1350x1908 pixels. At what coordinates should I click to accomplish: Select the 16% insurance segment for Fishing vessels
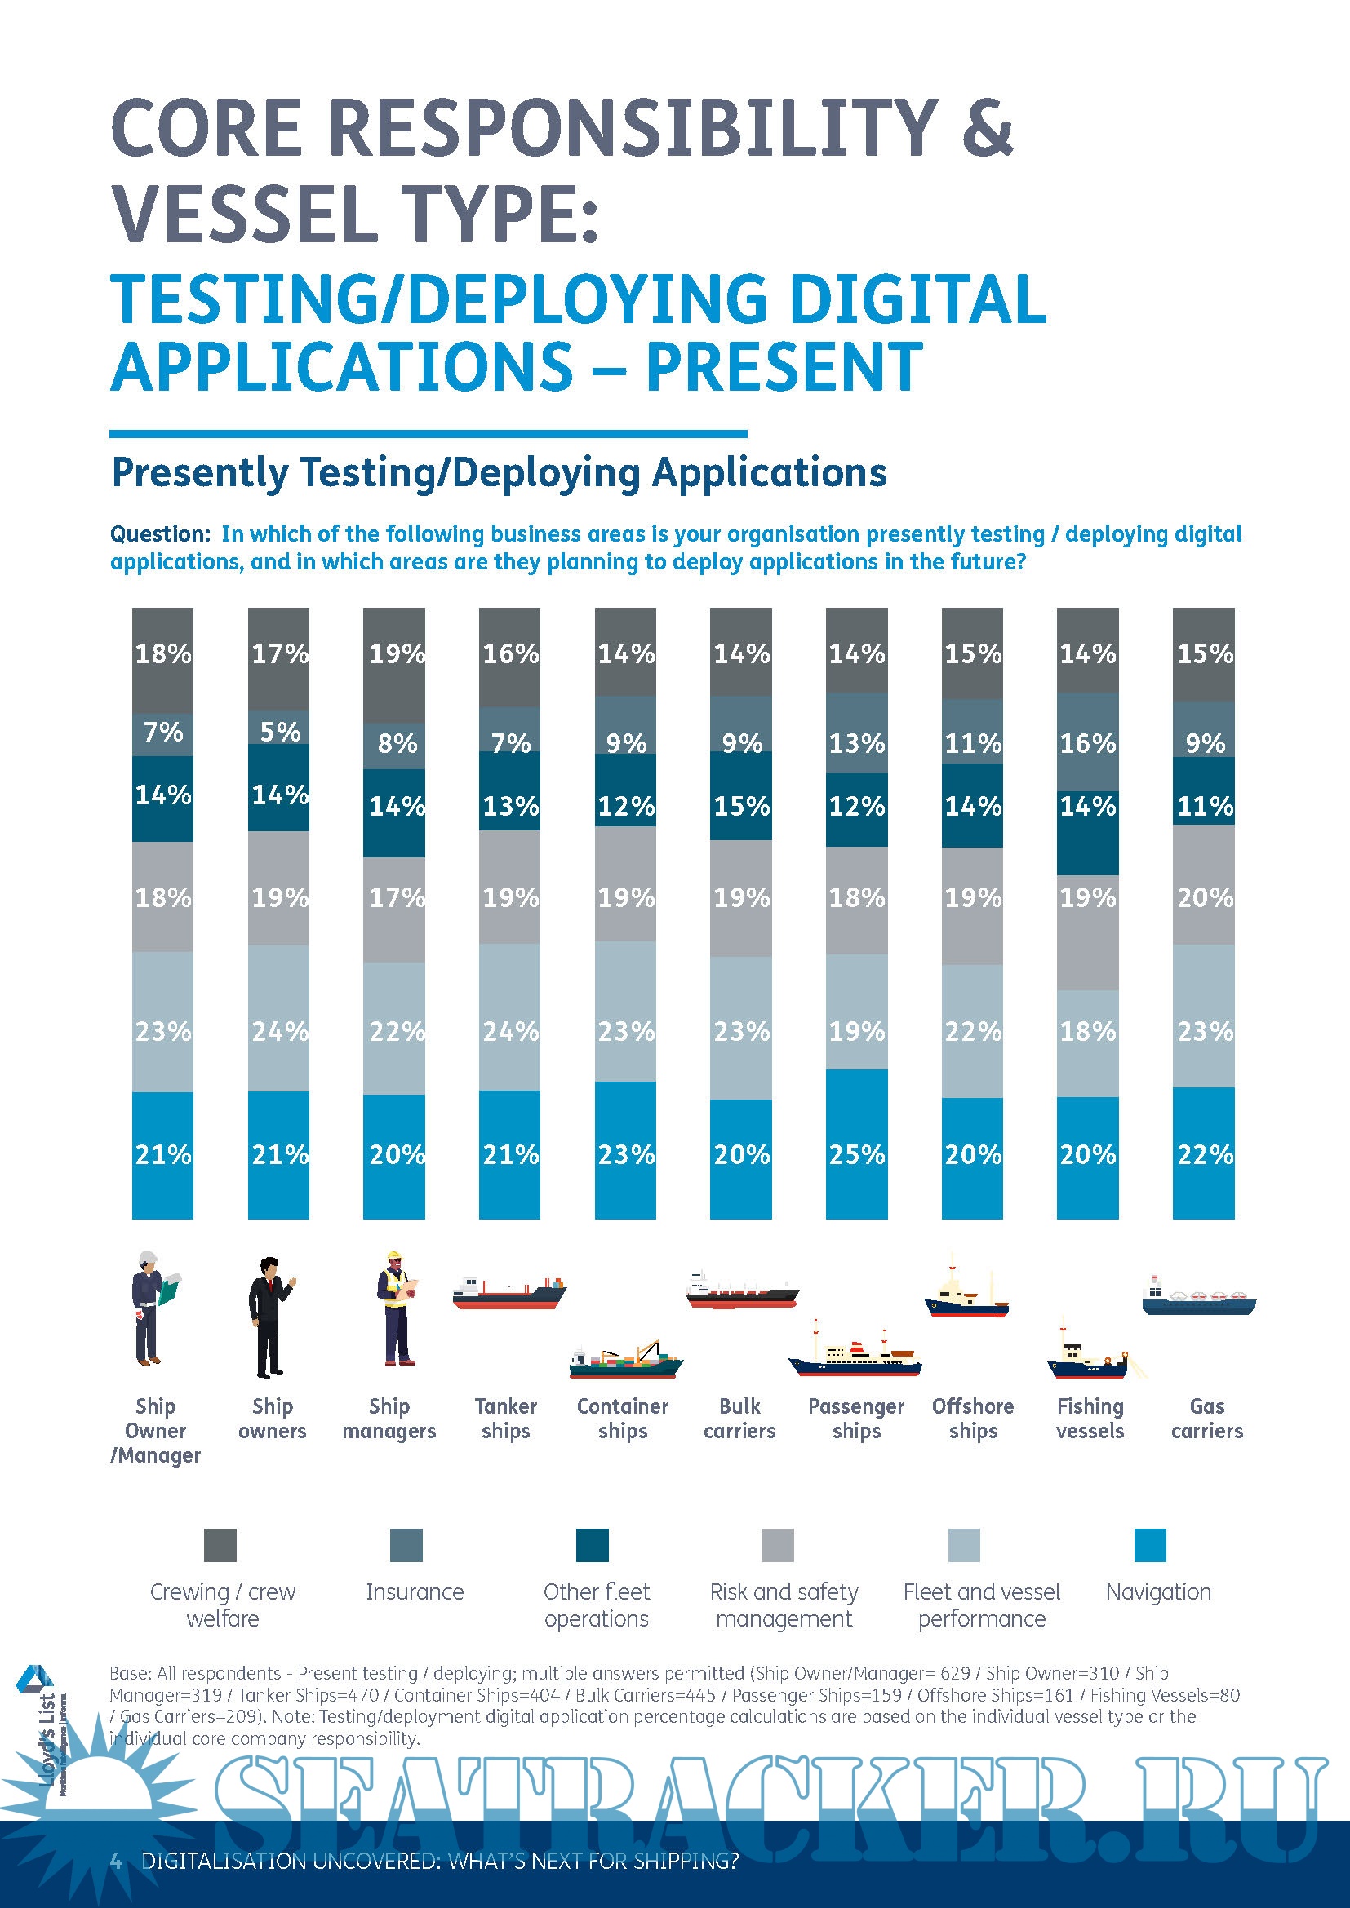pos(1087,742)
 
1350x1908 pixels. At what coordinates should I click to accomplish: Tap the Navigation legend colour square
pos(1150,1546)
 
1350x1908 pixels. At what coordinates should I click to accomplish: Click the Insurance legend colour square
pos(406,1546)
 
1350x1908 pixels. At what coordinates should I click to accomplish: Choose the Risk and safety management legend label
pos(784,1605)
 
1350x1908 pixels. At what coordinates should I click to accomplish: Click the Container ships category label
pos(623,1419)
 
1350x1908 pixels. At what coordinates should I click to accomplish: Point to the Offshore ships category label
pos(973,1419)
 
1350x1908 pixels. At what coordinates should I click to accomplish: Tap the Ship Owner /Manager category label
pos(155,1430)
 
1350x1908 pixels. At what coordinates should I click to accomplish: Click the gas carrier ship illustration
pos(1198,1297)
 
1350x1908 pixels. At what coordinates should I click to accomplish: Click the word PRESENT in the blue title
pos(784,366)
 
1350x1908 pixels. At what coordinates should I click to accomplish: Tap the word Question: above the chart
pos(161,534)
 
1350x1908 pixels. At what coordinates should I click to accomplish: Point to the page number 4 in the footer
pos(117,1861)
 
